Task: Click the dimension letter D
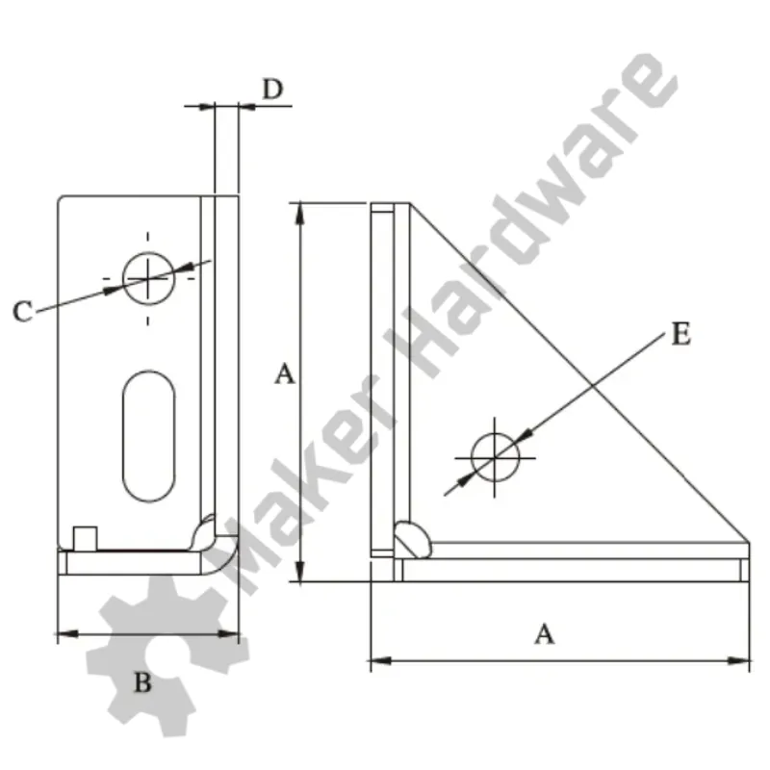[x=273, y=89]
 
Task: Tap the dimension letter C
[x=22, y=311]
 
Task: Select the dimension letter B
[x=142, y=682]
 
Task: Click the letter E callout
[x=680, y=334]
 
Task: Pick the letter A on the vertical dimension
[x=285, y=373]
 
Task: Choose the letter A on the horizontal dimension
[x=544, y=634]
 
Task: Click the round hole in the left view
[x=148, y=278]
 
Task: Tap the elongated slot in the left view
[x=148, y=436]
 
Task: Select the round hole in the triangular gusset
[x=495, y=458]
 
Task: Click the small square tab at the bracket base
[x=85, y=539]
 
